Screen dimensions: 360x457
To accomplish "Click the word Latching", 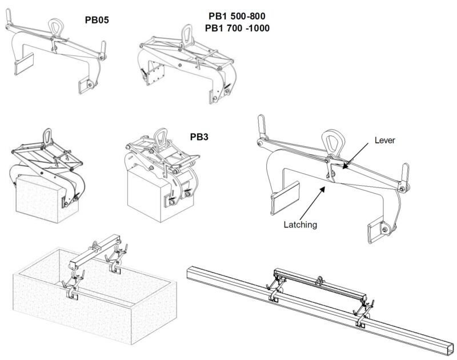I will point(300,225).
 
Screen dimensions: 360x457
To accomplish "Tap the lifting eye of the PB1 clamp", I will point(187,34).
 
